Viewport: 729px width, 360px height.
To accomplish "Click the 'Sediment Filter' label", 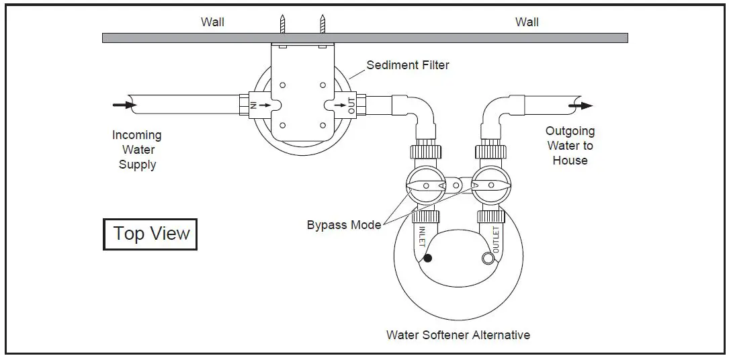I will [x=407, y=65].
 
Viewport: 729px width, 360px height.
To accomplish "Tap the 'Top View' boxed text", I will [x=151, y=234].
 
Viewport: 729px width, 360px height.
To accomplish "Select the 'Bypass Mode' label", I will [x=343, y=224].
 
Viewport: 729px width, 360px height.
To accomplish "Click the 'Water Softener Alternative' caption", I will [x=458, y=334].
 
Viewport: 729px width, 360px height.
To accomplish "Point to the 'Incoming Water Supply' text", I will [x=137, y=150].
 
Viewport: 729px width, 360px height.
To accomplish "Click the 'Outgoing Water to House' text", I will [x=570, y=146].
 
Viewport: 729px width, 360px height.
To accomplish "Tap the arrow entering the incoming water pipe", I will [x=123, y=104].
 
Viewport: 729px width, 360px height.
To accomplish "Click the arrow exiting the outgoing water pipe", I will [x=581, y=105].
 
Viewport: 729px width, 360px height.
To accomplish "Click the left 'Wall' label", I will [x=212, y=22].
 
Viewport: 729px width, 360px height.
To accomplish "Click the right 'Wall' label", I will [x=527, y=22].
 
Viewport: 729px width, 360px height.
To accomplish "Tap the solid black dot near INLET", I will [x=427, y=257].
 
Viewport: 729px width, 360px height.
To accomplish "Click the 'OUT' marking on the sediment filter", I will [x=351, y=105].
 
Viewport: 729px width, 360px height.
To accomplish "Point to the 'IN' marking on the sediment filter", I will [x=254, y=105].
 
